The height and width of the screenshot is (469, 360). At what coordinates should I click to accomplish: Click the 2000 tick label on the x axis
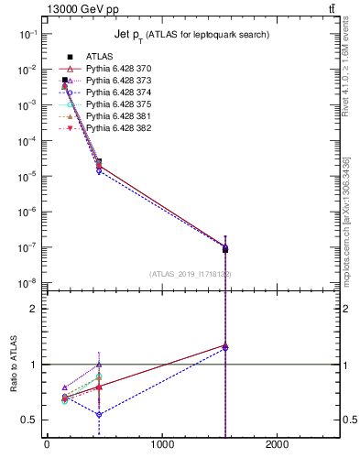tap(278, 446)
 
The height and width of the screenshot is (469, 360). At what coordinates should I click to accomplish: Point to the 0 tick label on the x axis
tap(47, 446)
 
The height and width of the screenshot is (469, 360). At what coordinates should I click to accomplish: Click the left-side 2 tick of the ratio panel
tap(33, 309)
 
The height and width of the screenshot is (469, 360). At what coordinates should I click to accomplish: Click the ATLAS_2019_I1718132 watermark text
tap(191, 274)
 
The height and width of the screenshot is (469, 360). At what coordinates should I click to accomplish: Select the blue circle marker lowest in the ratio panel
tap(99, 415)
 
